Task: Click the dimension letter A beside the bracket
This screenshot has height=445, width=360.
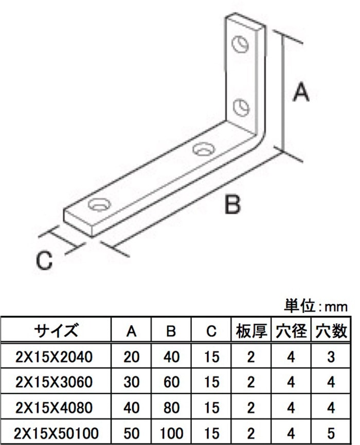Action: tap(301, 92)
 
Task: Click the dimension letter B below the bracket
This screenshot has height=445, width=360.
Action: tap(232, 204)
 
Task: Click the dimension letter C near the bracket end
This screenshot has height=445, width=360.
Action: tap(45, 260)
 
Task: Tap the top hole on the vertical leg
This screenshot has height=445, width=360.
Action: tap(240, 44)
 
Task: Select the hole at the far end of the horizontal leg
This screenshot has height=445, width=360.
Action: tap(99, 205)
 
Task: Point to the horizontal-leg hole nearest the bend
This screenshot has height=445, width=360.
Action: tap(203, 149)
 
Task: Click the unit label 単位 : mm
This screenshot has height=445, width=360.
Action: tap(315, 306)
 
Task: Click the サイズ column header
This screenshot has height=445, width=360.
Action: tap(56, 331)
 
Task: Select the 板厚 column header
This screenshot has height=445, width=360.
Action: tap(251, 331)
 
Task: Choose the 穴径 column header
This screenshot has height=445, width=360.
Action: tap(291, 331)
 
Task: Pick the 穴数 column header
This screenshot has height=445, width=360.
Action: tap(331, 331)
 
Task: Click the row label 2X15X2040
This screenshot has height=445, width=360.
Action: tap(54, 357)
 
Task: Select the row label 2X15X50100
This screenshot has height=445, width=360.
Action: tap(56, 433)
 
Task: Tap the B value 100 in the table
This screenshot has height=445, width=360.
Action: tap(171, 433)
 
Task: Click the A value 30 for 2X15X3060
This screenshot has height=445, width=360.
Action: tap(131, 382)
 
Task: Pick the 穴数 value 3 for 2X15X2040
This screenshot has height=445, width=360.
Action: tap(331, 357)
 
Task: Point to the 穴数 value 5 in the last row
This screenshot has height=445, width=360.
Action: tap(331, 433)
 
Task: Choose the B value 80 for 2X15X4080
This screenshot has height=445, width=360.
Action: tap(171, 407)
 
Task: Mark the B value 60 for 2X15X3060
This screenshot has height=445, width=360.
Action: tap(171, 382)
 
